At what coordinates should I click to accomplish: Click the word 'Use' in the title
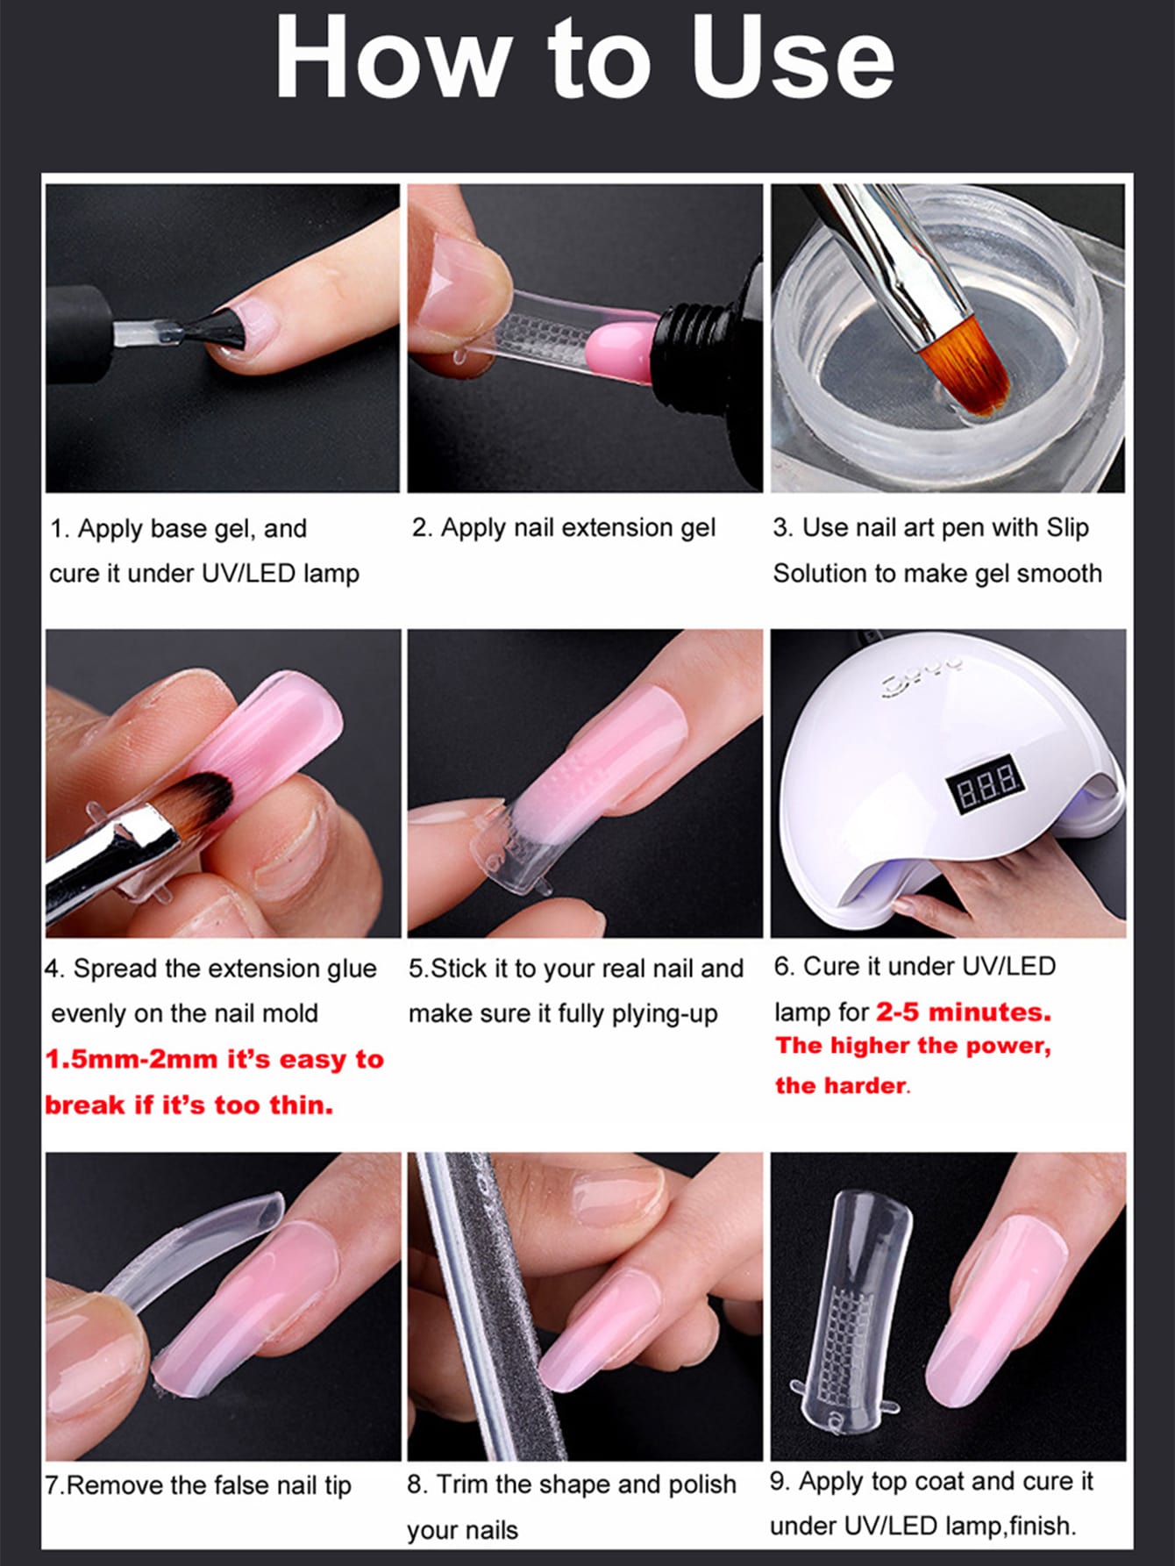(x=792, y=58)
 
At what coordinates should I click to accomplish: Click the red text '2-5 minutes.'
(x=963, y=1012)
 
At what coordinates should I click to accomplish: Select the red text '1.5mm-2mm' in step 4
(x=131, y=1060)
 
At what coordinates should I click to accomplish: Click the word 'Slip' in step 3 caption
(x=1066, y=527)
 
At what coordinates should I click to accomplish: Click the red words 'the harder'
(x=840, y=1086)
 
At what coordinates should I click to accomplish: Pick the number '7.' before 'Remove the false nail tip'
(x=54, y=1485)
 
